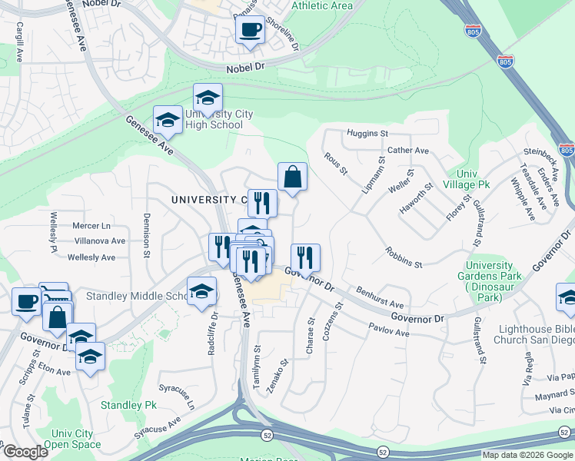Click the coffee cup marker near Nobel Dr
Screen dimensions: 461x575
pos(251,30)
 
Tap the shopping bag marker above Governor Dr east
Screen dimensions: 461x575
pos(292,177)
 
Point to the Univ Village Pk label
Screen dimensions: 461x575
pos(473,180)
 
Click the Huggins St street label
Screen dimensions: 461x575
pos(367,134)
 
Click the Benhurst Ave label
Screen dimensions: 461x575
pos(380,299)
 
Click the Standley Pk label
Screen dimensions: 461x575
pos(128,405)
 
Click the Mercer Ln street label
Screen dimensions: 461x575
pos(91,226)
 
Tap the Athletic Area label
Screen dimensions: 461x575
pos(322,6)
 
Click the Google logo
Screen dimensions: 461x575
pos(25,452)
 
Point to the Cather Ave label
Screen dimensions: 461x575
pos(408,151)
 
